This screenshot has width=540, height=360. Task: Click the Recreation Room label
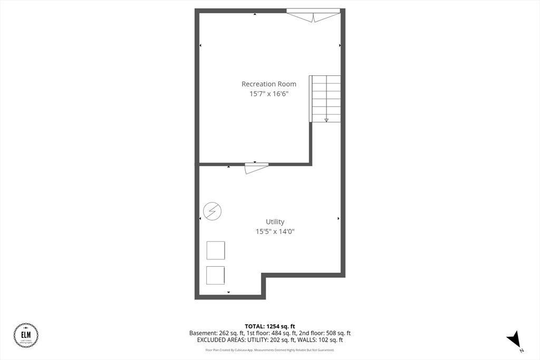[x=269, y=84]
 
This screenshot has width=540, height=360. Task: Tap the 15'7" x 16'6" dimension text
[x=269, y=94]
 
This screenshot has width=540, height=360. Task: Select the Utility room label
[x=275, y=222]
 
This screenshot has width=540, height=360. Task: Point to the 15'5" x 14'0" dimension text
[x=275, y=231]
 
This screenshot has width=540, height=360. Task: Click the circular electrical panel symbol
[x=213, y=211]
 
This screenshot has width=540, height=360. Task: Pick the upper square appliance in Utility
[x=216, y=250]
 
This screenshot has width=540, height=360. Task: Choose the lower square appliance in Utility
[x=216, y=275]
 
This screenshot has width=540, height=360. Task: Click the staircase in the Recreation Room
[x=325, y=99]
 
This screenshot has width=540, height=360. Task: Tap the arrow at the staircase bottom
[x=326, y=120]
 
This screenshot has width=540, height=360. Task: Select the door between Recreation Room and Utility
[x=256, y=168]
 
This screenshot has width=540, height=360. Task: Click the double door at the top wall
[x=313, y=16]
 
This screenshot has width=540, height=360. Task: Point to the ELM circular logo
[x=26, y=336]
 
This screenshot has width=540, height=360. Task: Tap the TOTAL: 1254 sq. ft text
[x=270, y=326]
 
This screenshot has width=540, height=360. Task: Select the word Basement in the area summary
[x=203, y=333]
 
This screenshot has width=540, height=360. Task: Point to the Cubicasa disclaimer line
[x=270, y=350]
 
